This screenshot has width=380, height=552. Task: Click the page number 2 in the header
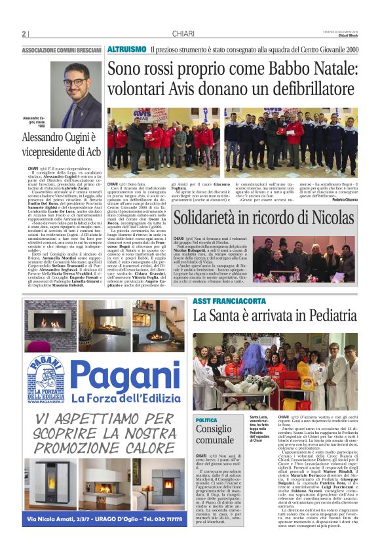point(24,34)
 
